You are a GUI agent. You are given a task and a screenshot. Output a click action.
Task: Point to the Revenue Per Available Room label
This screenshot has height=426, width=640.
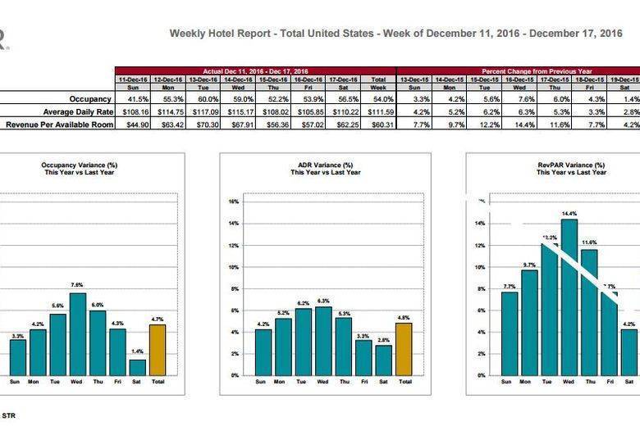pos(59,125)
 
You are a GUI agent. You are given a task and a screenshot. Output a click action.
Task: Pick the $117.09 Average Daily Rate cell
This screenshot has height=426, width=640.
pos(203,111)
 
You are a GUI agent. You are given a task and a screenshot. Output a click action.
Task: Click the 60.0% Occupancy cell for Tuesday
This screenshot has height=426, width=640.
pos(205,98)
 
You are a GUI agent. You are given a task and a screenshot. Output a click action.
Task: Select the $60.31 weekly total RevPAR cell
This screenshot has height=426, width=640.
pos(378,125)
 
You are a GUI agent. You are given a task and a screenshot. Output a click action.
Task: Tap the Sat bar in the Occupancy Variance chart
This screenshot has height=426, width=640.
pos(137,367)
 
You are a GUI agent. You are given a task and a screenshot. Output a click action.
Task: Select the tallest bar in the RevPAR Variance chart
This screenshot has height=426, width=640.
pos(569,297)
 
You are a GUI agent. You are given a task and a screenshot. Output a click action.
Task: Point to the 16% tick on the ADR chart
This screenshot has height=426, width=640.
pos(234,201)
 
